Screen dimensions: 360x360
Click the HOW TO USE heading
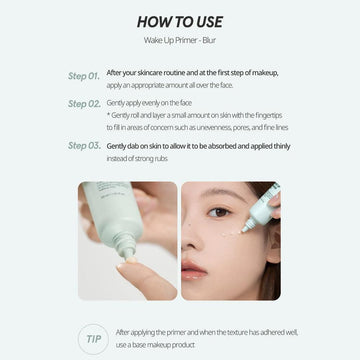coord(180,22)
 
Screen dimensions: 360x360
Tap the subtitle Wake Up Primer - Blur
coord(180,40)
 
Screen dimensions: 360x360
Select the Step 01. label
coord(84,76)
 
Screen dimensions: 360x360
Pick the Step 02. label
coord(84,104)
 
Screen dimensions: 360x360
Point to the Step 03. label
coord(84,146)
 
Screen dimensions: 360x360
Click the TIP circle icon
coord(93,339)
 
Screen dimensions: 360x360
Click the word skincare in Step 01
coord(149,73)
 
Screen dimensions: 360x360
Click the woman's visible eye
coord(218,212)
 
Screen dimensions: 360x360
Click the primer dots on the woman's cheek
coord(230,234)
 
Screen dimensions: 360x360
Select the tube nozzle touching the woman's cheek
coord(246,228)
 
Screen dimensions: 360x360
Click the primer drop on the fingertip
coord(131,259)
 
